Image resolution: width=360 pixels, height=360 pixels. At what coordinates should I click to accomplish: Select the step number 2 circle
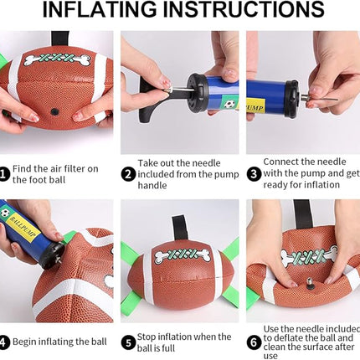[128, 174]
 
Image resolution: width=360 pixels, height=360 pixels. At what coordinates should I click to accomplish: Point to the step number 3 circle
[253, 174]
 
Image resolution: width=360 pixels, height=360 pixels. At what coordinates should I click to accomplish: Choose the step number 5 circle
[128, 342]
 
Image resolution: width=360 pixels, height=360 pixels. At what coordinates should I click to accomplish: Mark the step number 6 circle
[253, 342]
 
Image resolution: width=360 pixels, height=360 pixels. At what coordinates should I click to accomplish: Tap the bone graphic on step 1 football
[56, 59]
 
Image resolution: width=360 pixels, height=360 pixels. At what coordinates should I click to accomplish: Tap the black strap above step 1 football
[59, 39]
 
